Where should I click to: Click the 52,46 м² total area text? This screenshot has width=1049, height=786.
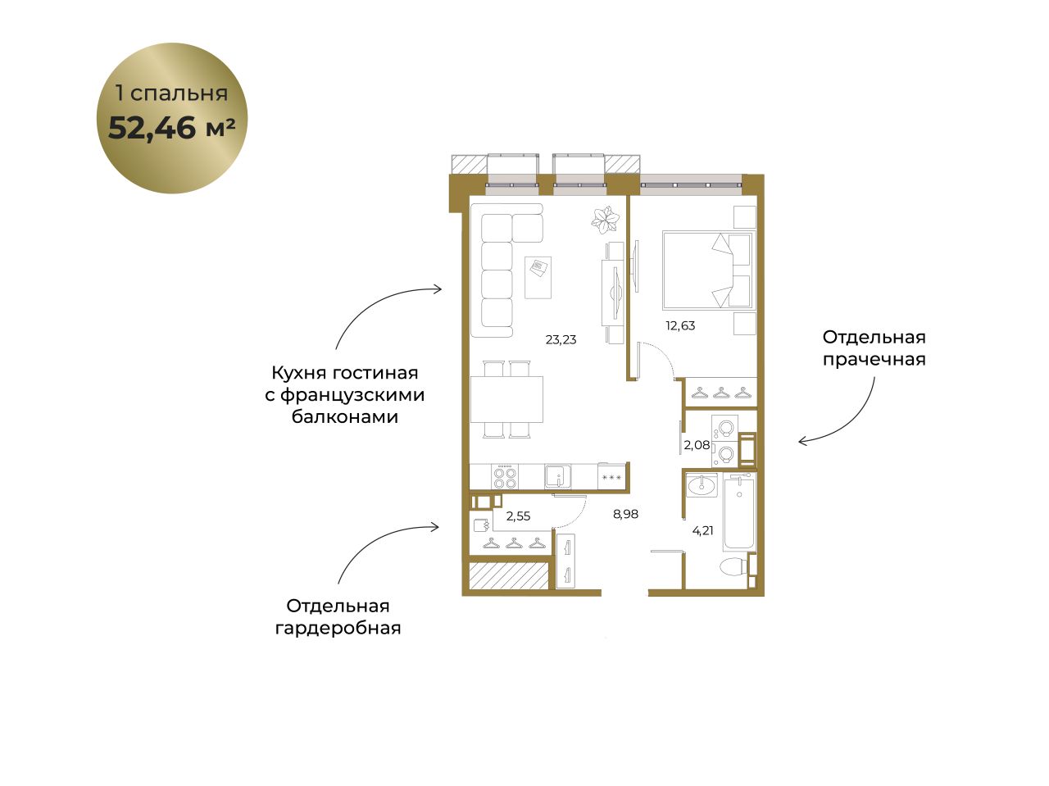tap(171, 128)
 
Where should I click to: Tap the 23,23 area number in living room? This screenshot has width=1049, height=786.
tap(561, 339)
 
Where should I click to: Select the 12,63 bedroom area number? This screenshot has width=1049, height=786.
tap(680, 326)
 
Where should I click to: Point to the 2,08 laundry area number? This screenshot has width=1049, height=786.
tap(697, 445)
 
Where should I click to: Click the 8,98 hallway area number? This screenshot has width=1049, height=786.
tap(625, 514)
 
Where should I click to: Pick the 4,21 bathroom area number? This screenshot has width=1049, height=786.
tap(702, 530)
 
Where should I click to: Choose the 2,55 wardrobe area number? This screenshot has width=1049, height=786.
tap(518, 516)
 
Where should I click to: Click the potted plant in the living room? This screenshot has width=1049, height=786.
tap(605, 220)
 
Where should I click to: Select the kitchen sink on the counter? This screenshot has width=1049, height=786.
tap(558, 477)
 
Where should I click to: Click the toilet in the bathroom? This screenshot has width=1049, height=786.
tap(734, 566)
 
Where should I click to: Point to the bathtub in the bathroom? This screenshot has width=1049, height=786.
tap(739, 511)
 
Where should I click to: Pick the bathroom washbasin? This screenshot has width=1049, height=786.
tap(702, 485)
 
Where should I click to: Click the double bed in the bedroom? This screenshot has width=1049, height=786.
tap(709, 270)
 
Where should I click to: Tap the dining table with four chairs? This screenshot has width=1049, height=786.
tap(506, 399)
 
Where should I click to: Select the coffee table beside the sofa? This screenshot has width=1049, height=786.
tap(538, 278)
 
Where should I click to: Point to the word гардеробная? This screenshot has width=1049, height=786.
tap(338, 629)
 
